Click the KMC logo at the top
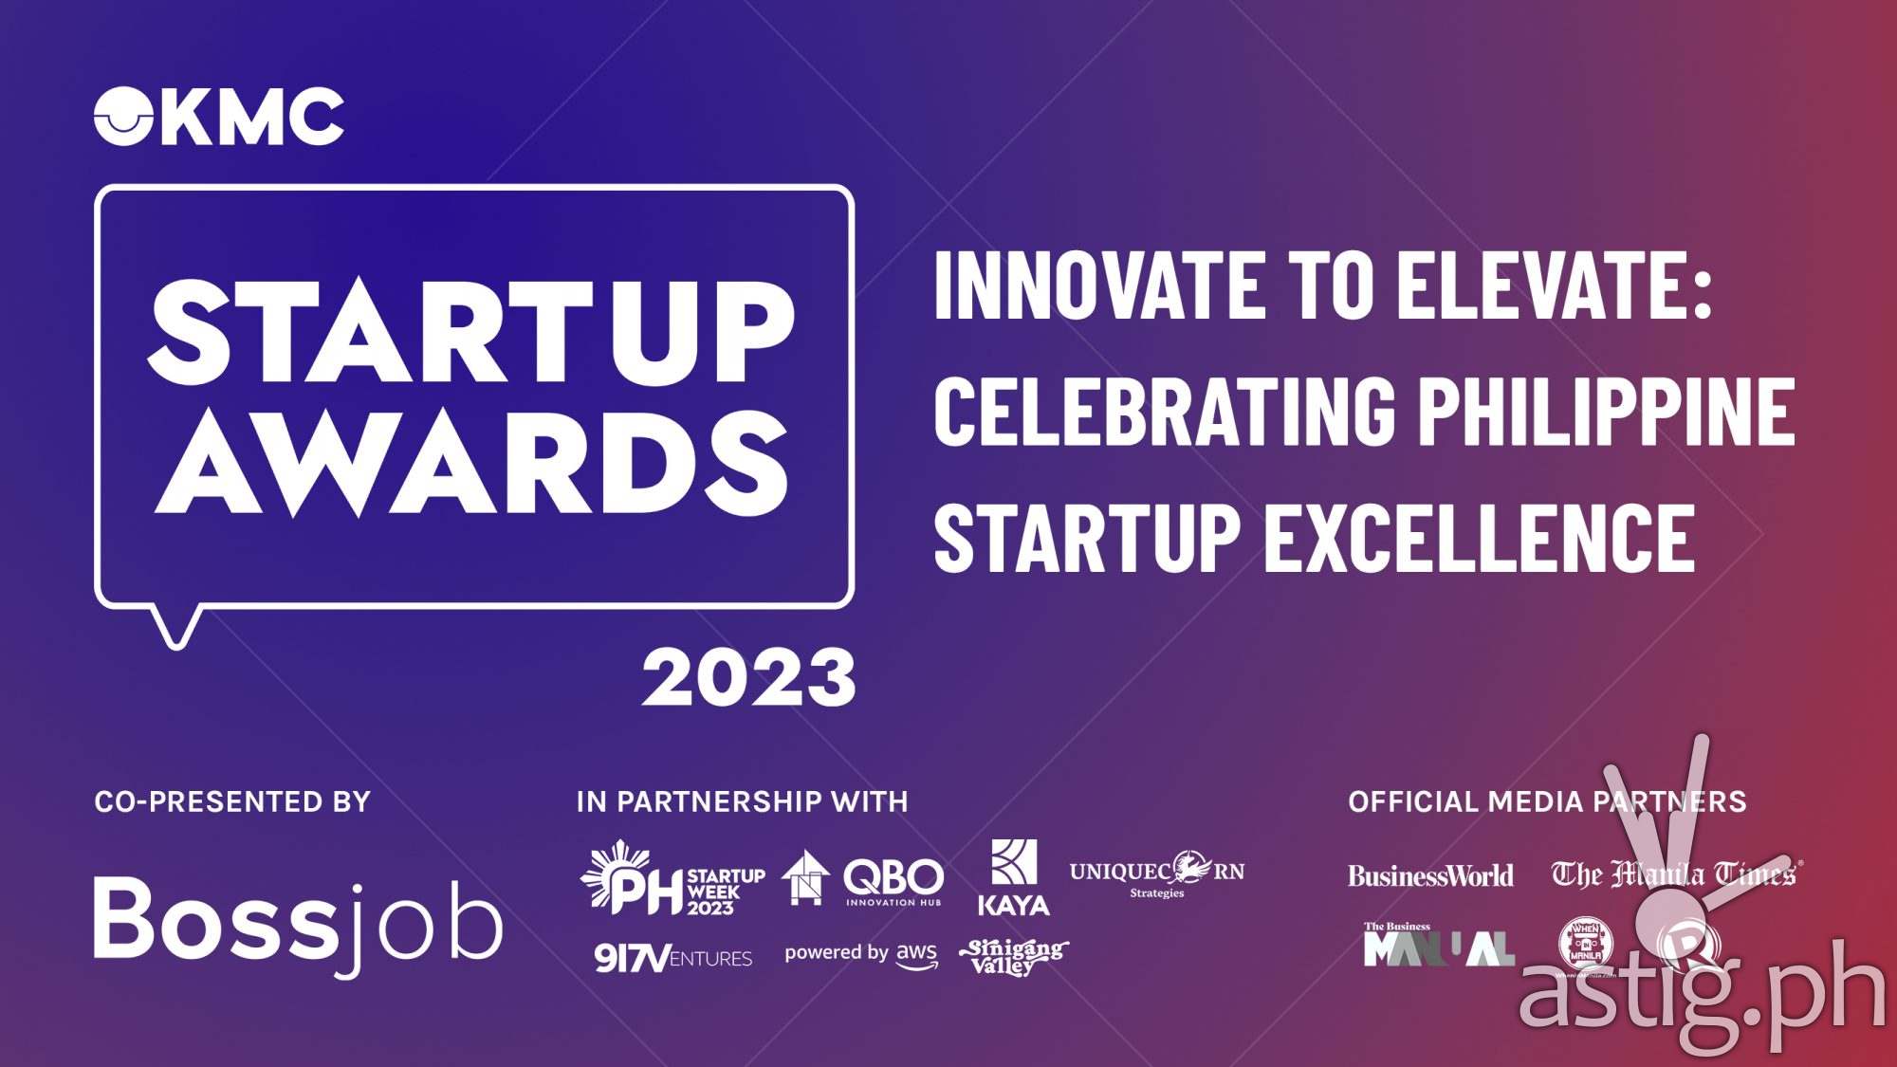(x=218, y=117)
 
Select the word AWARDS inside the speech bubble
(x=471, y=465)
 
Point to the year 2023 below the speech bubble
(x=748, y=678)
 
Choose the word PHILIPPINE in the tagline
(x=1605, y=410)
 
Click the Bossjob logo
(x=298, y=923)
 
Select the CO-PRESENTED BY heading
(x=232, y=802)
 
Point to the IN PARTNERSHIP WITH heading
(x=742, y=802)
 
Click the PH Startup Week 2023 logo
(x=673, y=879)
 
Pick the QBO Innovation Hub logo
(x=863, y=879)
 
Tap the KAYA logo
(x=1013, y=878)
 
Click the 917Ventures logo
(x=673, y=958)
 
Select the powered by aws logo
(x=860, y=954)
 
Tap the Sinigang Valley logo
(x=1013, y=956)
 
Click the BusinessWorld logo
(x=1430, y=875)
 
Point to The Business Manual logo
(x=1438, y=946)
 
